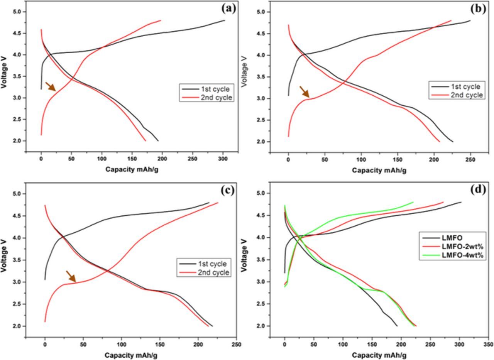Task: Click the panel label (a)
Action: (228, 8)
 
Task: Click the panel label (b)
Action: (478, 8)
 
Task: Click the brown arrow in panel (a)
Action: (51, 86)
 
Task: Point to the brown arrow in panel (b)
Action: (305, 91)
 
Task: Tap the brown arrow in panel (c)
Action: (71, 276)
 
